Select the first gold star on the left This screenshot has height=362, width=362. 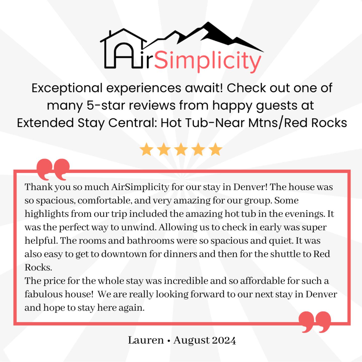click(146, 149)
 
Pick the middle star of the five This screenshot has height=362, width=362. click(181, 149)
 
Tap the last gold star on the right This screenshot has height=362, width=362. click(215, 149)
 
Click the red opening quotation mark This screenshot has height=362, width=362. click(53, 169)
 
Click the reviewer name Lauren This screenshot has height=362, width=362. click(146, 340)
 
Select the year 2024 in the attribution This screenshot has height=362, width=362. click(223, 340)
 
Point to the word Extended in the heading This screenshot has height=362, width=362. click(45, 123)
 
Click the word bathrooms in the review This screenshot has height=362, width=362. click(151, 241)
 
